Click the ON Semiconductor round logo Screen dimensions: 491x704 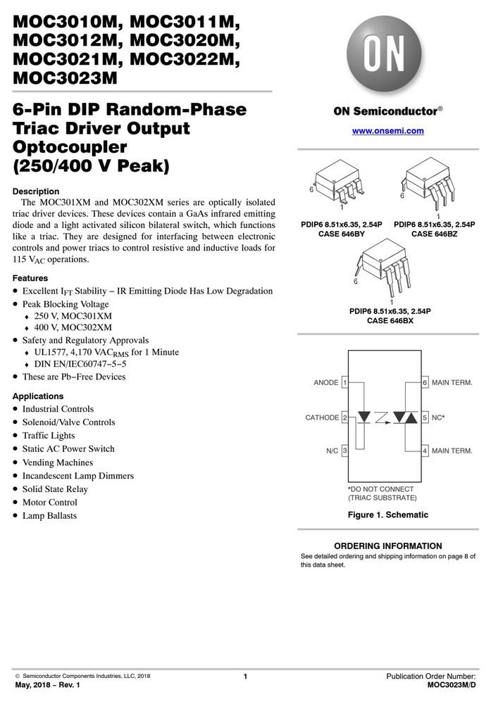point(384,54)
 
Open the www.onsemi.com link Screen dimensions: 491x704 point(387,131)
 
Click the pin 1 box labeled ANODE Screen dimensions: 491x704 point(345,382)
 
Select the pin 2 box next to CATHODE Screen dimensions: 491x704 point(345,417)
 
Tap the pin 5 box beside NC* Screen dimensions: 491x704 point(425,417)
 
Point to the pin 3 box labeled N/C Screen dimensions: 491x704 point(345,451)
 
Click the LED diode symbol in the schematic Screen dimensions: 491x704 point(364,417)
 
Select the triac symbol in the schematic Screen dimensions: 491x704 point(405,417)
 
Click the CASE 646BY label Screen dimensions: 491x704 point(342,234)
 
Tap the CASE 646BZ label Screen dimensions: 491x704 point(435,234)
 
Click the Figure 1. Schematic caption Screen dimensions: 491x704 point(388,515)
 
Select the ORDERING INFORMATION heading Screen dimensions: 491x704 point(388,546)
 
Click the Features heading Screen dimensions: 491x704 point(30,278)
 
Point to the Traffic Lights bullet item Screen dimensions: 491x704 point(49,436)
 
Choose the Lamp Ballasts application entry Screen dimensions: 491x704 point(49,516)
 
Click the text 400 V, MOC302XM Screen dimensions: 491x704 point(73,328)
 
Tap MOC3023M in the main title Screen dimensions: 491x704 point(65,78)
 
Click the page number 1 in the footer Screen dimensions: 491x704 point(245,676)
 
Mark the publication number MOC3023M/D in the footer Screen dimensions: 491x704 point(452,685)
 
